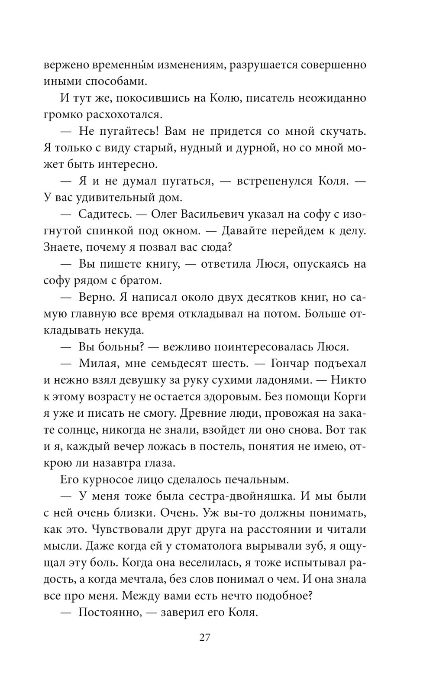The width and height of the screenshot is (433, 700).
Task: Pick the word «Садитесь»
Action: click(103, 214)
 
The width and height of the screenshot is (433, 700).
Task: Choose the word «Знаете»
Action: click(63, 247)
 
